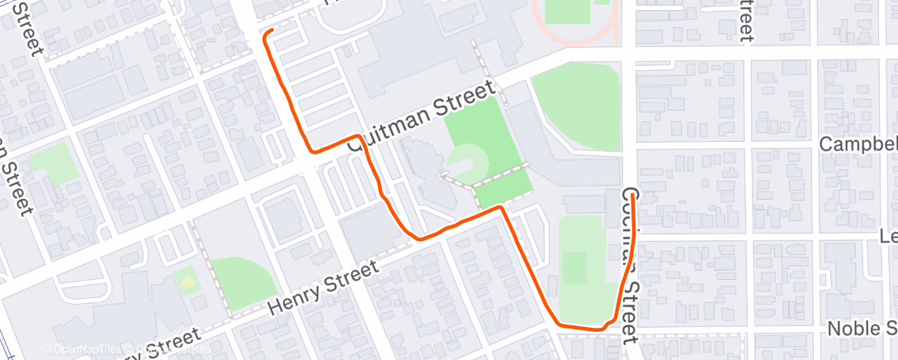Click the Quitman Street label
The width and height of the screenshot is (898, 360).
(422, 115)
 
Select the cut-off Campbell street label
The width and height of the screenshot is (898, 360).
(858, 144)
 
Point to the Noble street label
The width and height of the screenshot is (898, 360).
(863, 328)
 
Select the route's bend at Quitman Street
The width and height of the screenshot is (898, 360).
(357, 137)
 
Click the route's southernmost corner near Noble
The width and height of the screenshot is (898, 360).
(561, 324)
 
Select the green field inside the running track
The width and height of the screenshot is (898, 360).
(570, 11)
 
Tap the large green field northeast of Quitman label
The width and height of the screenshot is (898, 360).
(575, 107)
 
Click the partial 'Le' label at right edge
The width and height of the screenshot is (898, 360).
(887, 235)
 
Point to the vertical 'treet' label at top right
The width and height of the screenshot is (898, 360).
(744, 18)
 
